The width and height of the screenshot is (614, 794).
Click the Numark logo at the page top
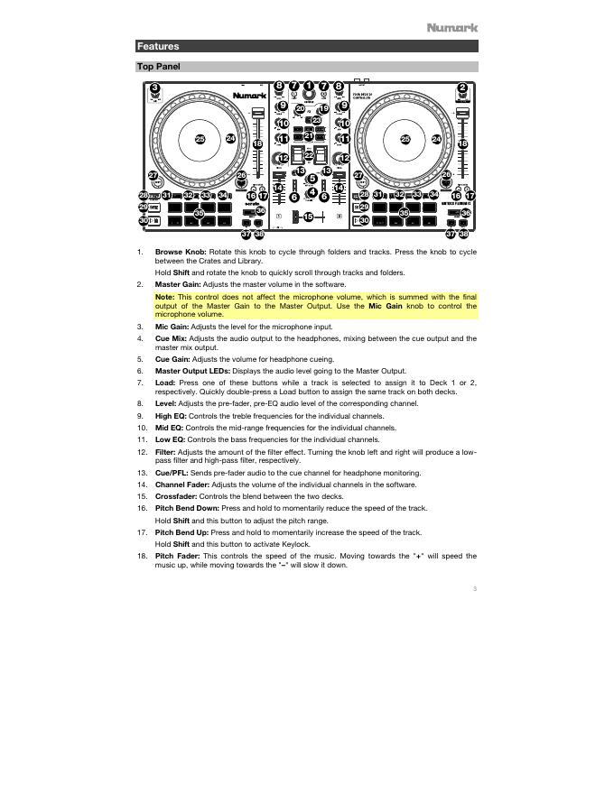coord(452,28)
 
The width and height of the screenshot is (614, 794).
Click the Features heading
coord(158,46)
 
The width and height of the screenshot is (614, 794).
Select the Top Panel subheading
coord(159,67)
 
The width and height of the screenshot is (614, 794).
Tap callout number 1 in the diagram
coord(309,87)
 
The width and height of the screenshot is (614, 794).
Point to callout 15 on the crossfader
coord(308,217)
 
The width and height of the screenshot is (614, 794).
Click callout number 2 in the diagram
coord(462,88)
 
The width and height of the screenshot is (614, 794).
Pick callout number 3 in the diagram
coord(155,88)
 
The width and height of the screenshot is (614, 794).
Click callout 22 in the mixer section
coord(309,155)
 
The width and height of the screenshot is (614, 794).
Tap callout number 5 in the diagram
coord(312,179)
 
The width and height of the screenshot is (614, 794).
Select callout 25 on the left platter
coord(200,139)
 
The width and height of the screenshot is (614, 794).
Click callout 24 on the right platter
coord(436,139)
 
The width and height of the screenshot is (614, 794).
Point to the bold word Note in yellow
coord(164,296)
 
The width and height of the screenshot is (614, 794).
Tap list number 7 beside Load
coord(140,383)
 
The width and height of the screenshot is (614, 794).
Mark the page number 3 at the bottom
coord(474,589)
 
